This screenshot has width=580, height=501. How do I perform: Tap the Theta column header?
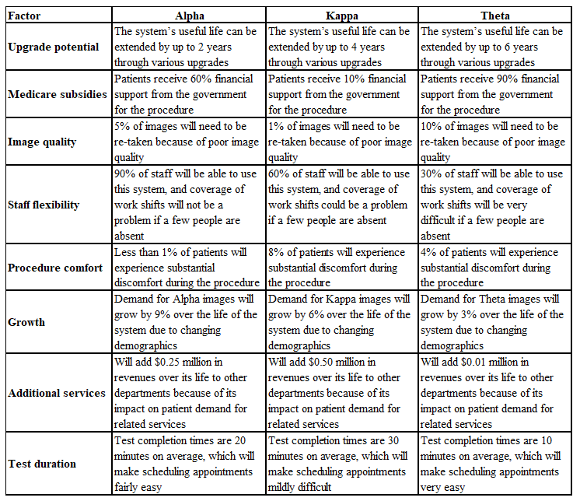click(495, 15)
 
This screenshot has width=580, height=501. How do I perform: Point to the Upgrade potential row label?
click(54, 47)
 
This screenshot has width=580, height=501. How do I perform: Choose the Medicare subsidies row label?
click(58, 94)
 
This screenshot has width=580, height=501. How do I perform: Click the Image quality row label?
click(43, 142)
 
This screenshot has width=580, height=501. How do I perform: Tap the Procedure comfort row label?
click(55, 268)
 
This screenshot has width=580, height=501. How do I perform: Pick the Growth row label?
click(26, 322)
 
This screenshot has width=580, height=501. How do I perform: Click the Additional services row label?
click(57, 393)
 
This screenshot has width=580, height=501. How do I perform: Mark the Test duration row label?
click(42, 464)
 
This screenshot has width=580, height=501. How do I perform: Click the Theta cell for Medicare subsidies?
click(495, 94)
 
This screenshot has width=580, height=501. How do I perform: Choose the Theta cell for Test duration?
click(495, 464)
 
